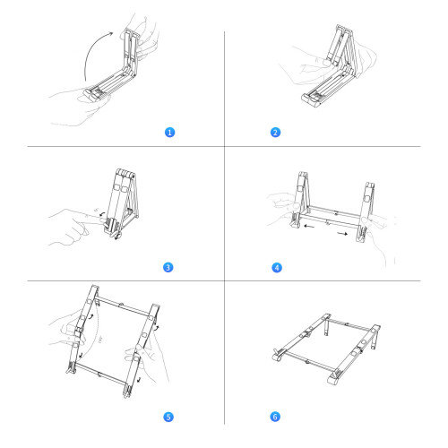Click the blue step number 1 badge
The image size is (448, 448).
click(x=169, y=132)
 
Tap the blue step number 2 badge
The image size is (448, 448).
click(x=275, y=132)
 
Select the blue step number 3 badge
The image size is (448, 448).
click(x=168, y=267)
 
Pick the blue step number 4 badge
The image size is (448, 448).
click(x=277, y=267)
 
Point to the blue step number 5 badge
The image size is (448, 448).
click(x=168, y=417)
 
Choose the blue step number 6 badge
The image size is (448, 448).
click(x=275, y=417)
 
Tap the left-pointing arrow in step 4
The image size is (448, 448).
click(x=309, y=226)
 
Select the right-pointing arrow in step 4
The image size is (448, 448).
click(x=342, y=233)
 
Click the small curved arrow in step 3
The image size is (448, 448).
click(x=102, y=214)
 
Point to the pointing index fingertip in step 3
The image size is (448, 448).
click(x=102, y=221)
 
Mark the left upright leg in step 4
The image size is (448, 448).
click(x=300, y=200)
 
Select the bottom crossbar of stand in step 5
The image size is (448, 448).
click(x=100, y=374)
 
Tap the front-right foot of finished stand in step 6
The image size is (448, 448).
click(x=334, y=378)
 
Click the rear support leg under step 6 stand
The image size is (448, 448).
click(x=327, y=327)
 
